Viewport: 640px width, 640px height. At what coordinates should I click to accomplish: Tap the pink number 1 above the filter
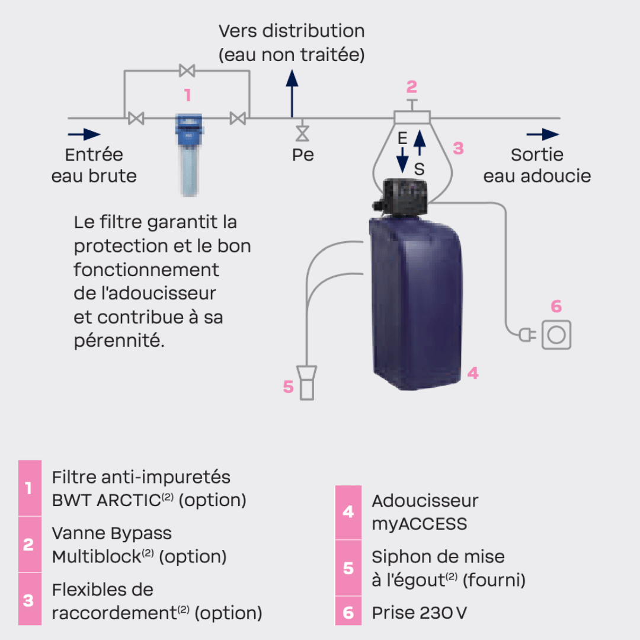tap(187, 95)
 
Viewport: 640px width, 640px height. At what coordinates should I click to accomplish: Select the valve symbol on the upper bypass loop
tap(187, 71)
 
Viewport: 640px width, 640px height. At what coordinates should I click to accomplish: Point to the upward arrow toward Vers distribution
tap(291, 92)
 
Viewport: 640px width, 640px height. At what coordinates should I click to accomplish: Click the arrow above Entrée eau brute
tap(84, 135)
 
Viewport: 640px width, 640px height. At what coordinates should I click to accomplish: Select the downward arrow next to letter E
tap(402, 158)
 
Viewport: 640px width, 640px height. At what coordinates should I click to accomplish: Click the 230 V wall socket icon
tap(556, 334)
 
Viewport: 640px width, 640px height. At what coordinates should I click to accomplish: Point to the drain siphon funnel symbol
tap(306, 382)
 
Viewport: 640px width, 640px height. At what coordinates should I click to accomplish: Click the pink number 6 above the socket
tap(556, 306)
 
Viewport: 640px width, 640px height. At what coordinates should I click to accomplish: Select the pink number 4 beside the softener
tap(472, 373)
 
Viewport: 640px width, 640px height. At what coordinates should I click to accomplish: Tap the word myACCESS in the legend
tap(419, 524)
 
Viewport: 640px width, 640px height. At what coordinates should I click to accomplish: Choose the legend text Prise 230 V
tap(419, 612)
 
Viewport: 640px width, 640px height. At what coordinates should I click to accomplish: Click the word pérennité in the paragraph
tap(119, 341)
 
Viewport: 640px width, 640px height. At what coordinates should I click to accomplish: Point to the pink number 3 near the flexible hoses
tap(458, 148)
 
